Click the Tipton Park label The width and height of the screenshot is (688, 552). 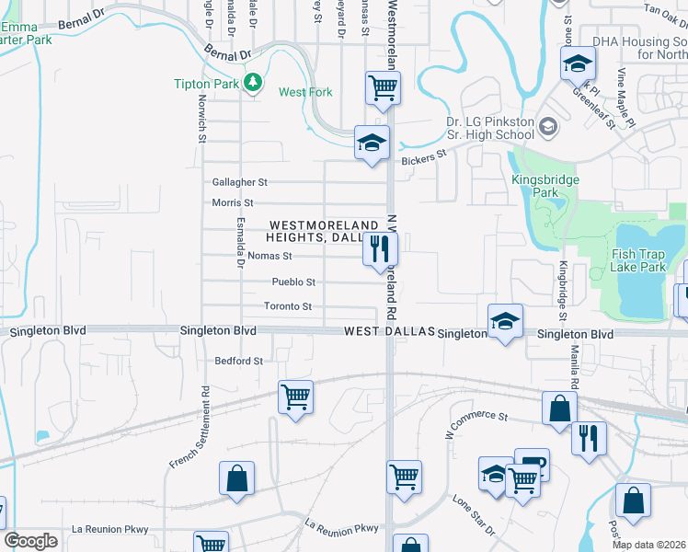pyautogui.click(x=207, y=84)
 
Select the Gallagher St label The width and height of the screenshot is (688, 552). pyautogui.click(x=239, y=182)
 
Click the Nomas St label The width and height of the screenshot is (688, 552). pyautogui.click(x=269, y=256)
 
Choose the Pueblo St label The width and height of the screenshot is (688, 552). pyautogui.click(x=293, y=282)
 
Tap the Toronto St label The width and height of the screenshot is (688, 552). pyautogui.click(x=288, y=306)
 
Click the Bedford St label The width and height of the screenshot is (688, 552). pyautogui.click(x=238, y=361)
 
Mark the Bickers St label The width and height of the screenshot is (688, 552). pyautogui.click(x=423, y=157)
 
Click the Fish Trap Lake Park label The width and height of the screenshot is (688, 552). pyautogui.click(x=637, y=260)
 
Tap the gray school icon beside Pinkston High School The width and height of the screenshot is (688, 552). pyautogui.click(x=548, y=126)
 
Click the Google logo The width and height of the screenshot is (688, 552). pyautogui.click(x=31, y=540)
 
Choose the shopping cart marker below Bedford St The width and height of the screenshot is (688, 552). pyautogui.click(x=295, y=398)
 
